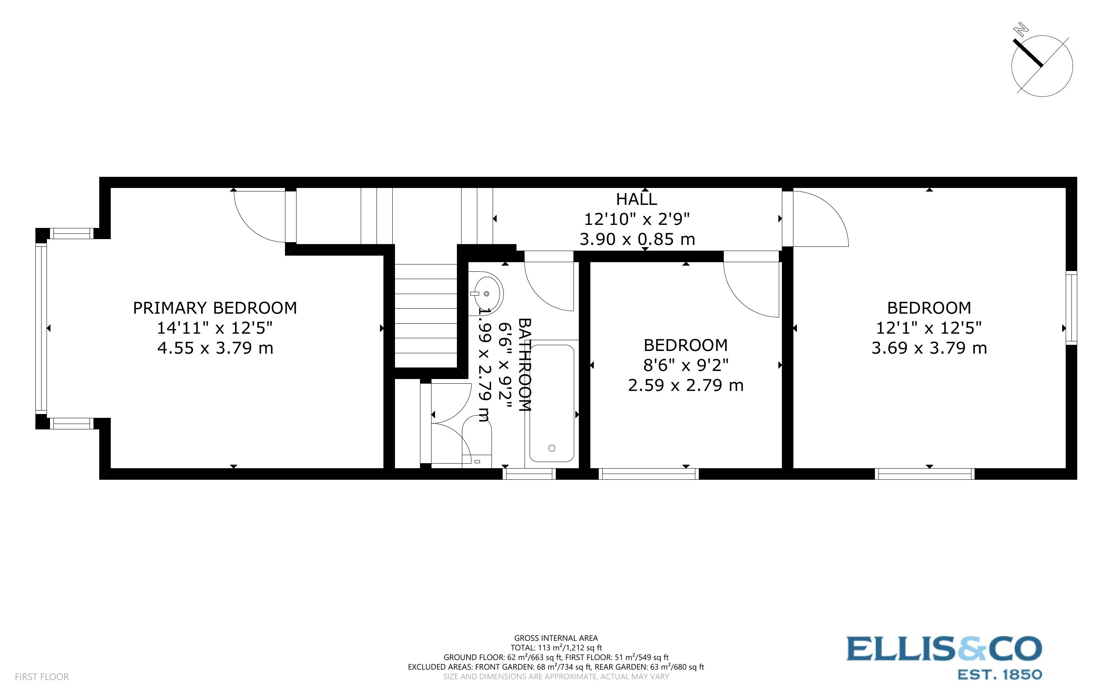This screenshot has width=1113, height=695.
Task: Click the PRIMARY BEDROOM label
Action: click(x=215, y=308)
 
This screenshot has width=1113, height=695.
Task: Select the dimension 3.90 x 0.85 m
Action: click(x=637, y=239)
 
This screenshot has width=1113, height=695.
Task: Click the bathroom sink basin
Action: click(x=487, y=293)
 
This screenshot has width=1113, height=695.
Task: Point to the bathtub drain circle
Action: click(x=552, y=448)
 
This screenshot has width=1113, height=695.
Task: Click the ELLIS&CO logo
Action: click(x=944, y=649)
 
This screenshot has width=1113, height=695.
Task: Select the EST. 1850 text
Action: click(x=1000, y=675)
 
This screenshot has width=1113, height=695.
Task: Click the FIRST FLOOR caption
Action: click(x=42, y=677)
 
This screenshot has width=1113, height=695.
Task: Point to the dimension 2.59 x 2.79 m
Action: click(x=685, y=385)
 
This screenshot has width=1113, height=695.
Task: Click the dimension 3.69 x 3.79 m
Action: click(x=929, y=348)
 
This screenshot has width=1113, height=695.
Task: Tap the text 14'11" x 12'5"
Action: click(x=215, y=328)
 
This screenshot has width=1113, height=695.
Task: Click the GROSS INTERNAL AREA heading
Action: click(x=556, y=638)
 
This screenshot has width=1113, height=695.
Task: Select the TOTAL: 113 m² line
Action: click(x=556, y=648)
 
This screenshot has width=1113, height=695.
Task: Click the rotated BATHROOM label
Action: click(x=525, y=364)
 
